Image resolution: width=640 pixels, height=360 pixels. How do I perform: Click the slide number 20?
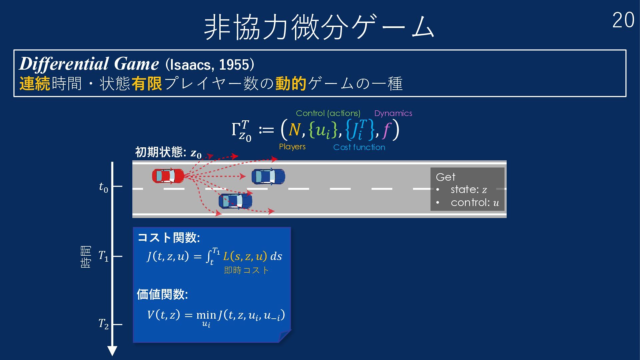pos(623,21)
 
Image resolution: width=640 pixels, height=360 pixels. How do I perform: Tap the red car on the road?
pos(168,176)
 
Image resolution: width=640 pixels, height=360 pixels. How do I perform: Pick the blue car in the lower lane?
pos(235,201)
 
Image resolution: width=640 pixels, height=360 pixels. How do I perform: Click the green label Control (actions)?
pos(328,113)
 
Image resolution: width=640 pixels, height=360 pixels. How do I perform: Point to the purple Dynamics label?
pos(393,113)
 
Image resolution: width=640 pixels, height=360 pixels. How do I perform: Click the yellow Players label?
pos(292,147)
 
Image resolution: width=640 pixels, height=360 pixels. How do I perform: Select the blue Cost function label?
pos(359,147)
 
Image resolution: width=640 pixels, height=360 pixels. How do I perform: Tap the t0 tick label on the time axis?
pos(104,187)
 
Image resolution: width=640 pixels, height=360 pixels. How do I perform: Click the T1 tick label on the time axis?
pos(103,256)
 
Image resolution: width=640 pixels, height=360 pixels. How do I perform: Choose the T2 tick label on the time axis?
pos(103,324)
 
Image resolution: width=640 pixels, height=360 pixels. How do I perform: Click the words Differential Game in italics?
pos(89,64)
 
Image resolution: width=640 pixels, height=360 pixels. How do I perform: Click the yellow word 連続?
pos(35,83)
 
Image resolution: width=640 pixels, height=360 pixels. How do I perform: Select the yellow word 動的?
pos(291,83)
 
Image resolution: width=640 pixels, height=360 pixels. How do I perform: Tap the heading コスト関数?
pos(169,238)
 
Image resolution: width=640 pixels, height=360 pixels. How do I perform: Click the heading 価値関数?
pos(162,294)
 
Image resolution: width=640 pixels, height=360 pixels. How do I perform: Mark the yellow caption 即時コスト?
pos(246,270)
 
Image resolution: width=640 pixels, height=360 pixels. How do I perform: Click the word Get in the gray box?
pos(445,177)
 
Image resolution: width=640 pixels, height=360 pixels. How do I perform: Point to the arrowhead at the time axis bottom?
pos(112,351)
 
